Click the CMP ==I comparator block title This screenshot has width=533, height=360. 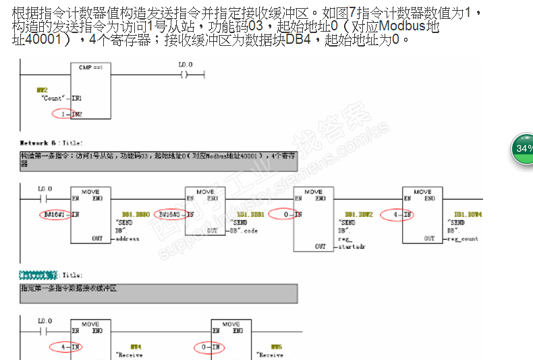point(90,67)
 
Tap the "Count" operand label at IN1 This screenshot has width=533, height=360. point(53,98)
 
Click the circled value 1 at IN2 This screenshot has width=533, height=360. point(63,115)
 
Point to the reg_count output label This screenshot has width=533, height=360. point(462,239)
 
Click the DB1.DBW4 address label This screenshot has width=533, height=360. point(467,214)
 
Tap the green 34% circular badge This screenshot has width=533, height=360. point(523,148)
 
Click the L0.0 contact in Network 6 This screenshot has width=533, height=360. point(45,199)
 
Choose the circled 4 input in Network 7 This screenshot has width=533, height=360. point(63,347)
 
